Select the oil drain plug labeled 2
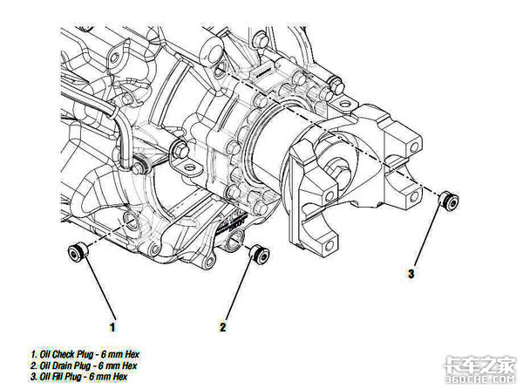257,253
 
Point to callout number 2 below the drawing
222,327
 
